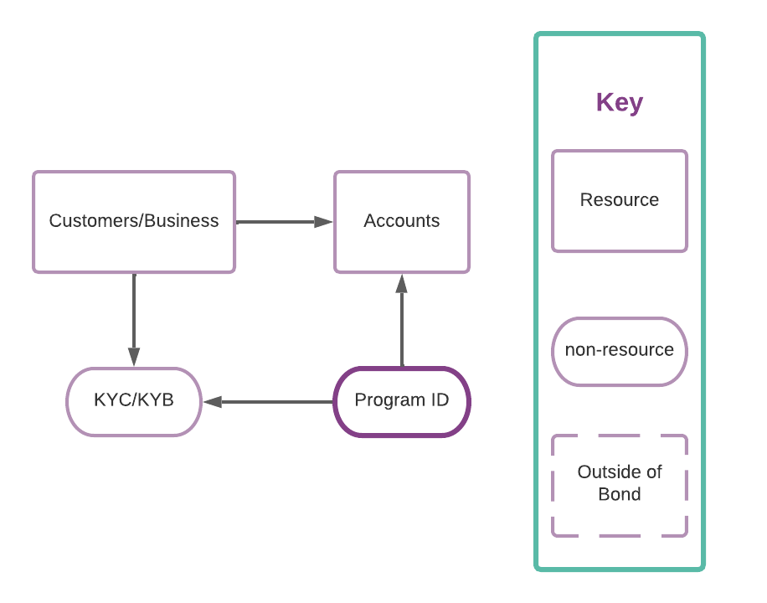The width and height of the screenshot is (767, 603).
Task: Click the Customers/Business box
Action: pos(134,222)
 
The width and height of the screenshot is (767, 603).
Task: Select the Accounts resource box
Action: pos(402,222)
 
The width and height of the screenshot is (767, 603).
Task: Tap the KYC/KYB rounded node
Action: pos(134,401)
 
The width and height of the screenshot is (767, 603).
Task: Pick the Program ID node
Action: pos(402,401)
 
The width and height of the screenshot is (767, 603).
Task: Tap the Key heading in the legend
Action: pos(620,102)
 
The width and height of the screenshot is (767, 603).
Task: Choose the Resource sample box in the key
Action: pos(620,201)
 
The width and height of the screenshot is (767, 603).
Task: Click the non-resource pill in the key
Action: pos(620,351)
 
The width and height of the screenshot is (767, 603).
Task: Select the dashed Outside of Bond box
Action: pos(620,485)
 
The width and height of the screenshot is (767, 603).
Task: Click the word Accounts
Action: pos(402,221)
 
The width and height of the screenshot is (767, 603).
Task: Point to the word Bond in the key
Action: pos(620,494)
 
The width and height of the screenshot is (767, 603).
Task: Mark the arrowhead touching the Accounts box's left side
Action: pos(324,222)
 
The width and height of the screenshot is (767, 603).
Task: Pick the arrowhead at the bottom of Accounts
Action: pos(402,284)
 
